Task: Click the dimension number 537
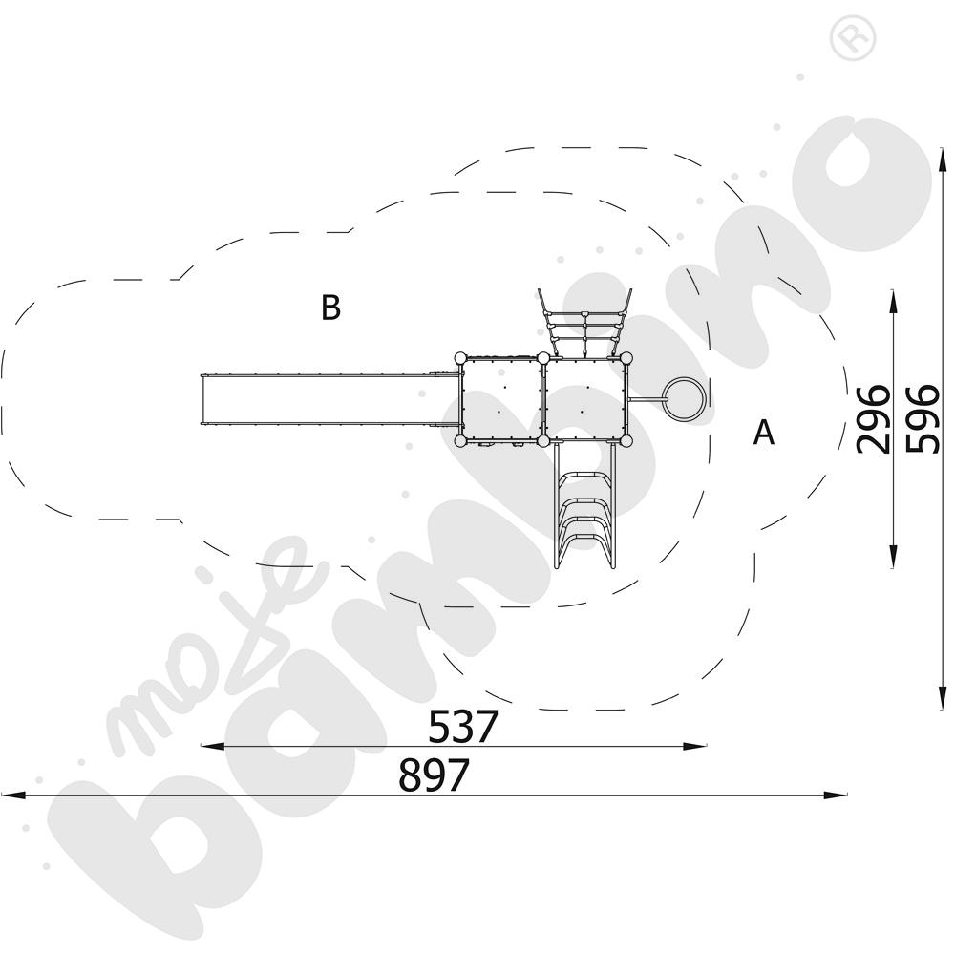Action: [x=463, y=726]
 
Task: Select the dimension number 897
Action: [x=434, y=775]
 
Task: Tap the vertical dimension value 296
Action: [x=873, y=419]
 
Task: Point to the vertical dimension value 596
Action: [x=923, y=419]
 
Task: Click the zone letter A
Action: [x=764, y=433]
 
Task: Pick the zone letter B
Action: [x=330, y=308]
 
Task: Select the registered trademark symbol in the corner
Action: [x=853, y=38]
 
